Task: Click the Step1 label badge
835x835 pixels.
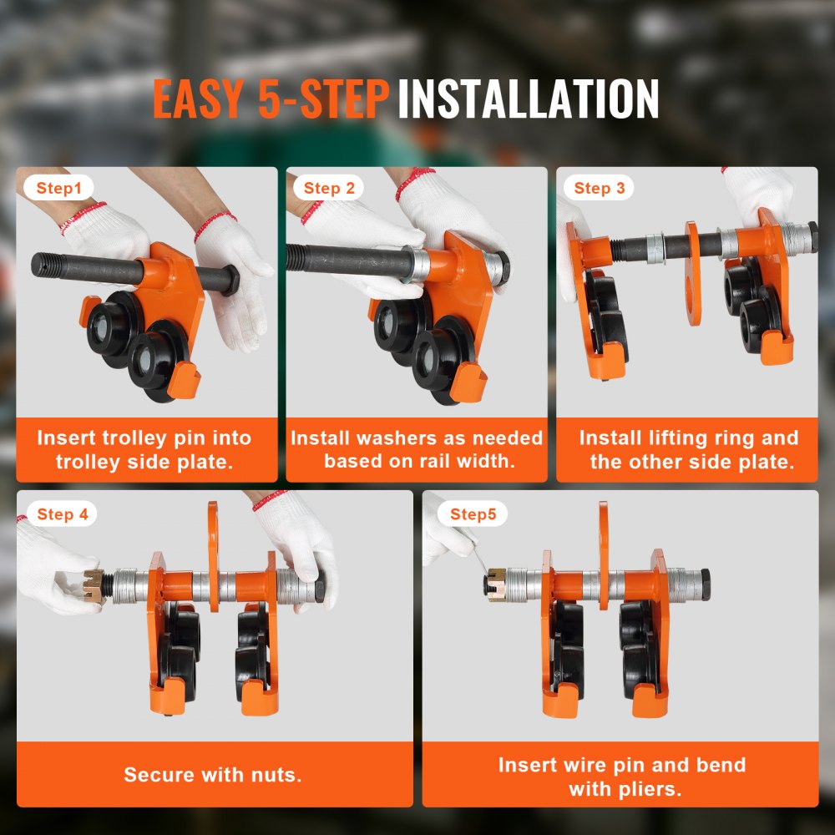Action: (59, 188)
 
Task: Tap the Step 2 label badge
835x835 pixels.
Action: (329, 188)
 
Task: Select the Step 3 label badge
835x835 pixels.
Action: (599, 188)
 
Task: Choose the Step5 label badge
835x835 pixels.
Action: (473, 514)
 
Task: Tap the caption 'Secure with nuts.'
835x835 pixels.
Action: (213, 775)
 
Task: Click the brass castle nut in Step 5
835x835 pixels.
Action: (496, 584)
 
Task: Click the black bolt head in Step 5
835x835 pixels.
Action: (705, 584)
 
